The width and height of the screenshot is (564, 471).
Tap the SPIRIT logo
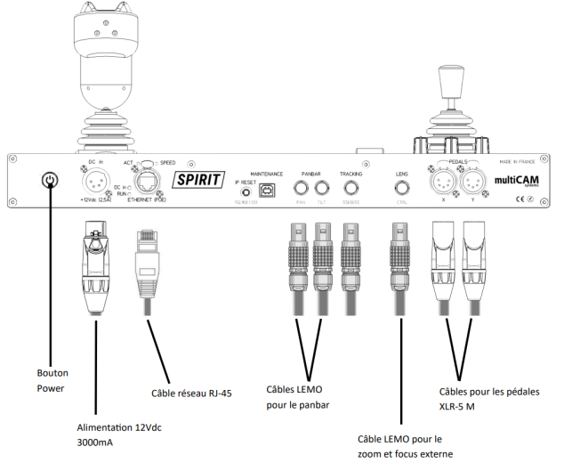tap(197, 177)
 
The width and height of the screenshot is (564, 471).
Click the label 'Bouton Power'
tap(52, 381)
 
